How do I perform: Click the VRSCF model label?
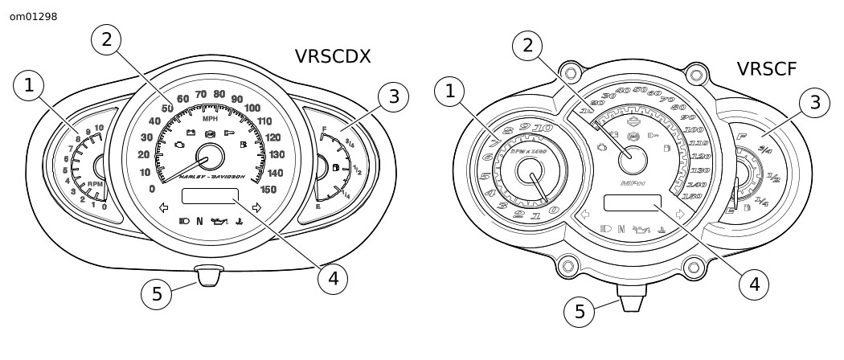(x=767, y=70)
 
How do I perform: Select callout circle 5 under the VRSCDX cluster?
(x=158, y=294)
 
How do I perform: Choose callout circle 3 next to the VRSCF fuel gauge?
(x=815, y=101)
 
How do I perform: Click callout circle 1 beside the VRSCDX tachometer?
(x=30, y=86)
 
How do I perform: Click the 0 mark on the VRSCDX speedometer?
(x=152, y=189)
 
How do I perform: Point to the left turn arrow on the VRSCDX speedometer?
(x=164, y=207)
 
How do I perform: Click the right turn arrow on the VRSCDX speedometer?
(x=256, y=207)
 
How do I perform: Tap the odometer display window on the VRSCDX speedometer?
(x=210, y=197)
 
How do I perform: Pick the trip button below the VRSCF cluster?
(x=629, y=302)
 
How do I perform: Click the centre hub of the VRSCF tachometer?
(x=531, y=171)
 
